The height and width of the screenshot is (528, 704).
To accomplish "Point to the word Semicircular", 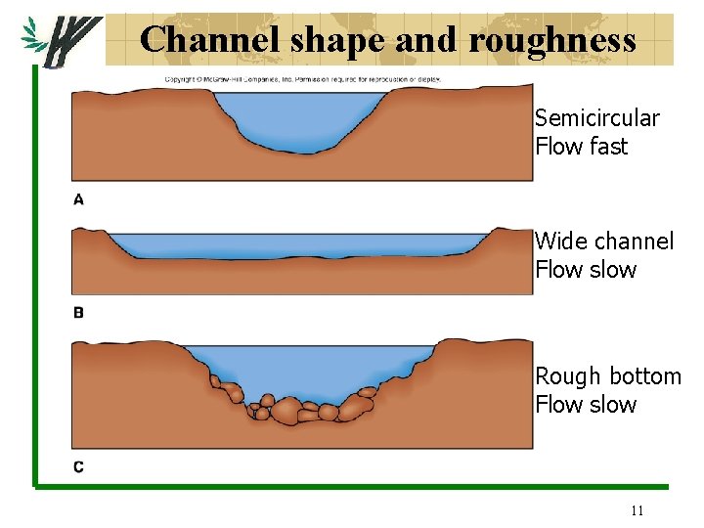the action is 596,119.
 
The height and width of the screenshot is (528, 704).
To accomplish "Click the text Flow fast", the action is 581,148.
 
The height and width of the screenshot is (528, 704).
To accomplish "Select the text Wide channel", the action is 603,242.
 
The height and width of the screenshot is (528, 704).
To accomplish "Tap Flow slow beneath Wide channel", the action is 585,270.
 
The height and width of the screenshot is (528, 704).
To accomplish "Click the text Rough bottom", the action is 607,376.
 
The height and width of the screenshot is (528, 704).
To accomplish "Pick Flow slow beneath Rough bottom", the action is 585,405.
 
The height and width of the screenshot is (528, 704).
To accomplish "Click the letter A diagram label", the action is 78,199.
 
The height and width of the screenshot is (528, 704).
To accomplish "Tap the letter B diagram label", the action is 78,313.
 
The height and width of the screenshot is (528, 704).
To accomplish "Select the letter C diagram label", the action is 78,467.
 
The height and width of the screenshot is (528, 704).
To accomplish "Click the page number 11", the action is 638,509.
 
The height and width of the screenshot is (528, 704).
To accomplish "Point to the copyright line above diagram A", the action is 302,79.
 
